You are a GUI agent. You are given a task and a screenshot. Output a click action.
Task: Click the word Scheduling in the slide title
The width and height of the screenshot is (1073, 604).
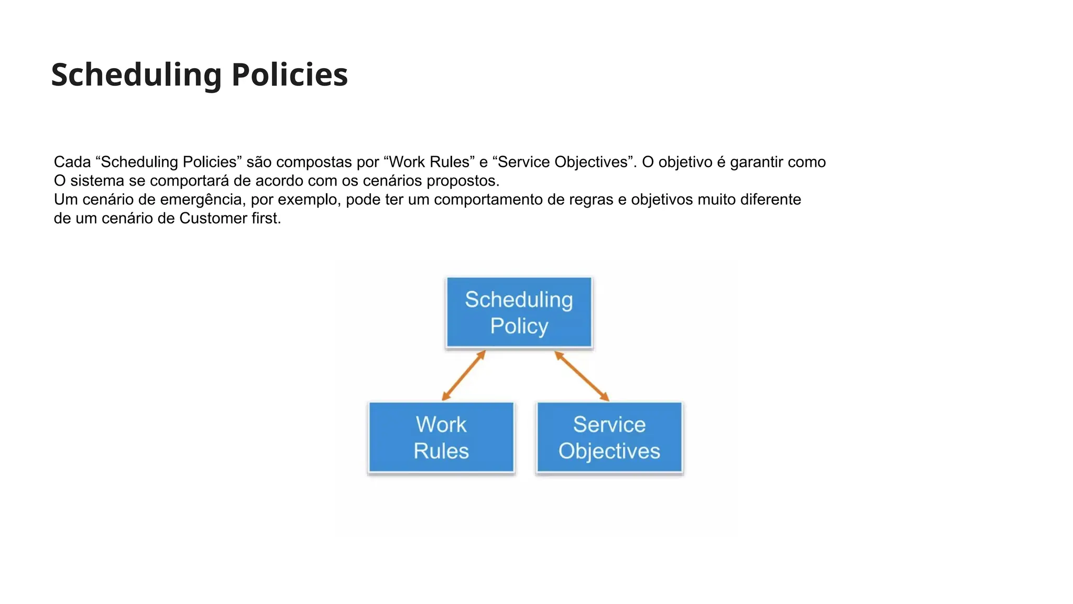[x=136, y=74]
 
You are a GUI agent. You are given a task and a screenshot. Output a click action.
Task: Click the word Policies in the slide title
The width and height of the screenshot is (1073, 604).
[x=289, y=74]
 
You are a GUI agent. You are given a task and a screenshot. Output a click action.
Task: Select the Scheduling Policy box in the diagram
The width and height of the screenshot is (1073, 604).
[x=519, y=312]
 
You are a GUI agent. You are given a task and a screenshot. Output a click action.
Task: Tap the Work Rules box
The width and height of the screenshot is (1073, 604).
[x=441, y=438]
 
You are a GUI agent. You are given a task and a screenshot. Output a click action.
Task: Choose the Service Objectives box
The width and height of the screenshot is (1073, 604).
[x=609, y=438]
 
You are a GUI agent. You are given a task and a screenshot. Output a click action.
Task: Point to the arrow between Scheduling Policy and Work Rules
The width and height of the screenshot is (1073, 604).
[x=464, y=375]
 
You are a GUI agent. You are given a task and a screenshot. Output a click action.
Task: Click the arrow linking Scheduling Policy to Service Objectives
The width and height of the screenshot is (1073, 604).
[x=582, y=375]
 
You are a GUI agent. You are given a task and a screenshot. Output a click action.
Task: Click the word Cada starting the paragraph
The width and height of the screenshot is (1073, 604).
[x=72, y=162]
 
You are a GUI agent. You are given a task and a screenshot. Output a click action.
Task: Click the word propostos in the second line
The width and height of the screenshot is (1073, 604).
[x=463, y=181]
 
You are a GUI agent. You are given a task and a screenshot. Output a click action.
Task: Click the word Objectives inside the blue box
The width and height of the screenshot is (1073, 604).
[x=609, y=451]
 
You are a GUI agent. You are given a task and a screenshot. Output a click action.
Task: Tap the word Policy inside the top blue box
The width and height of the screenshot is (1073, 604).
[x=519, y=326]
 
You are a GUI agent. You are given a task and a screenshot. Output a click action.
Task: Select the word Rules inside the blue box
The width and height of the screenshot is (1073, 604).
[x=441, y=451]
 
